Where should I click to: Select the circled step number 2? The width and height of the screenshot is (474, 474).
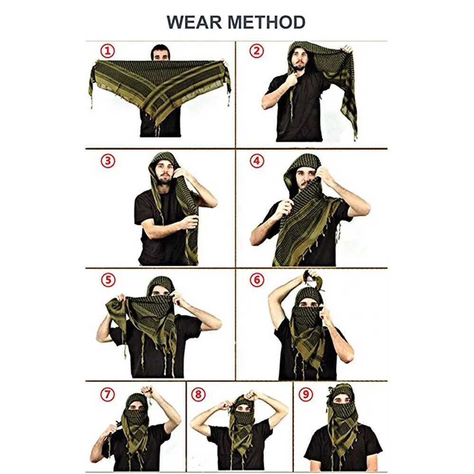256,51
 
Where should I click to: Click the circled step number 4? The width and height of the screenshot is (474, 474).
256,161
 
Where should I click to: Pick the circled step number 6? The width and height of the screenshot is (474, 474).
256,280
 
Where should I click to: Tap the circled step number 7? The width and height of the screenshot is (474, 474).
107,393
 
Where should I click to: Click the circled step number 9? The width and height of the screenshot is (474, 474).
304,393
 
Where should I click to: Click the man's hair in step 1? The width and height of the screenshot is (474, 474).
160,49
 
